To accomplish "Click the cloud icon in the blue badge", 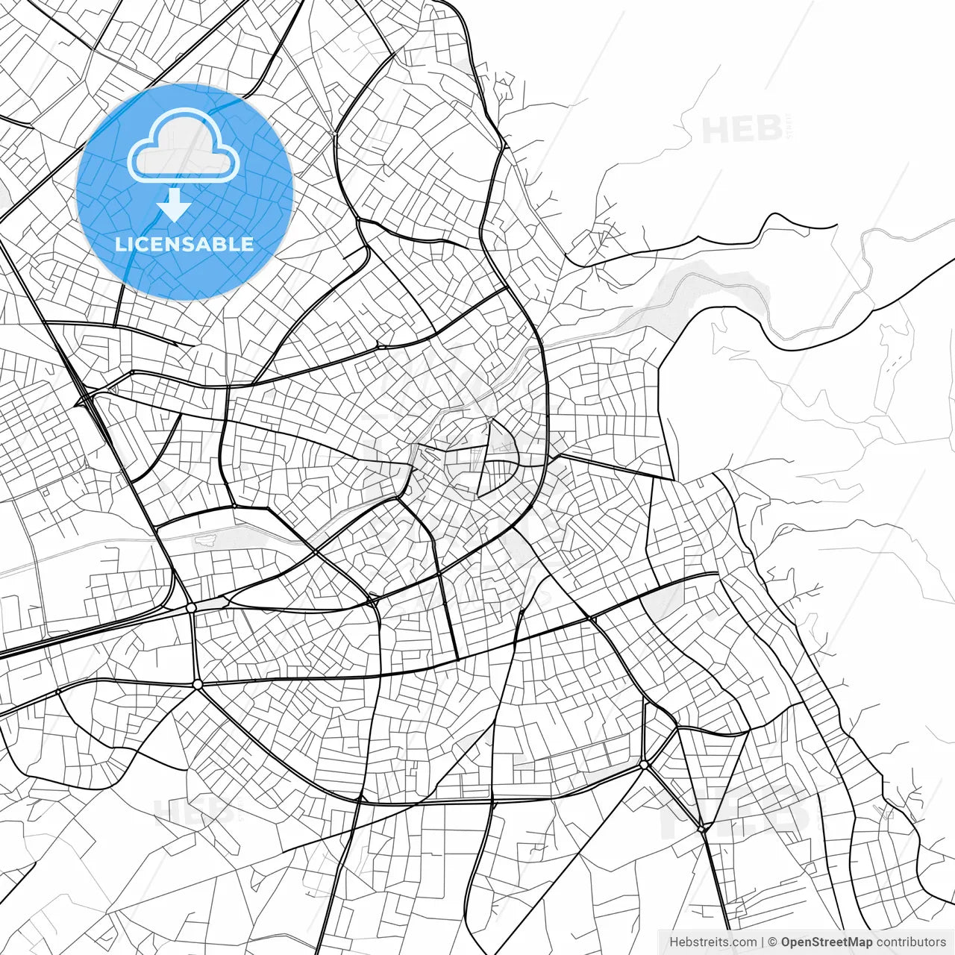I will (184, 146).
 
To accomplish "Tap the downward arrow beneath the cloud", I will (175, 204).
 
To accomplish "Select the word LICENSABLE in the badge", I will (184, 244).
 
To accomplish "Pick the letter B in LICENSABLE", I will (222, 244).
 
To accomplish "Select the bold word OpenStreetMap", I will (827, 942).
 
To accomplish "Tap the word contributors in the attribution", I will (911, 942).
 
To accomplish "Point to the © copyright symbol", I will (773, 942).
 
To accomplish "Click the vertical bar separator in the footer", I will (763, 942).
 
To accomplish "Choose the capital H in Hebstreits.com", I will (674, 942).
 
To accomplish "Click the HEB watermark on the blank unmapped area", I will (741, 130).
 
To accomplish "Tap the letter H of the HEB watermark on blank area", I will (716, 130).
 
